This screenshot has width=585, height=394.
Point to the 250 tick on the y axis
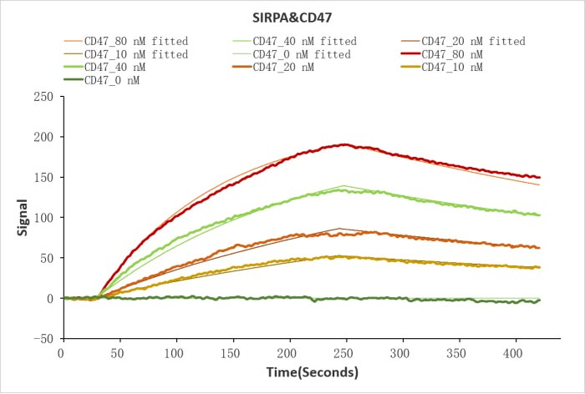pyautogui.click(x=43, y=96)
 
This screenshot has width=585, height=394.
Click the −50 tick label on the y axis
pyautogui.click(x=42, y=339)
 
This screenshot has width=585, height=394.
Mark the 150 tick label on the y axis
pyautogui.click(x=43, y=177)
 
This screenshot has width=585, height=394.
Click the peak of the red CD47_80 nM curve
pyautogui.click(x=344, y=144)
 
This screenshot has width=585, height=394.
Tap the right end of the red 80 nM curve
pyautogui.click(x=540, y=177)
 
